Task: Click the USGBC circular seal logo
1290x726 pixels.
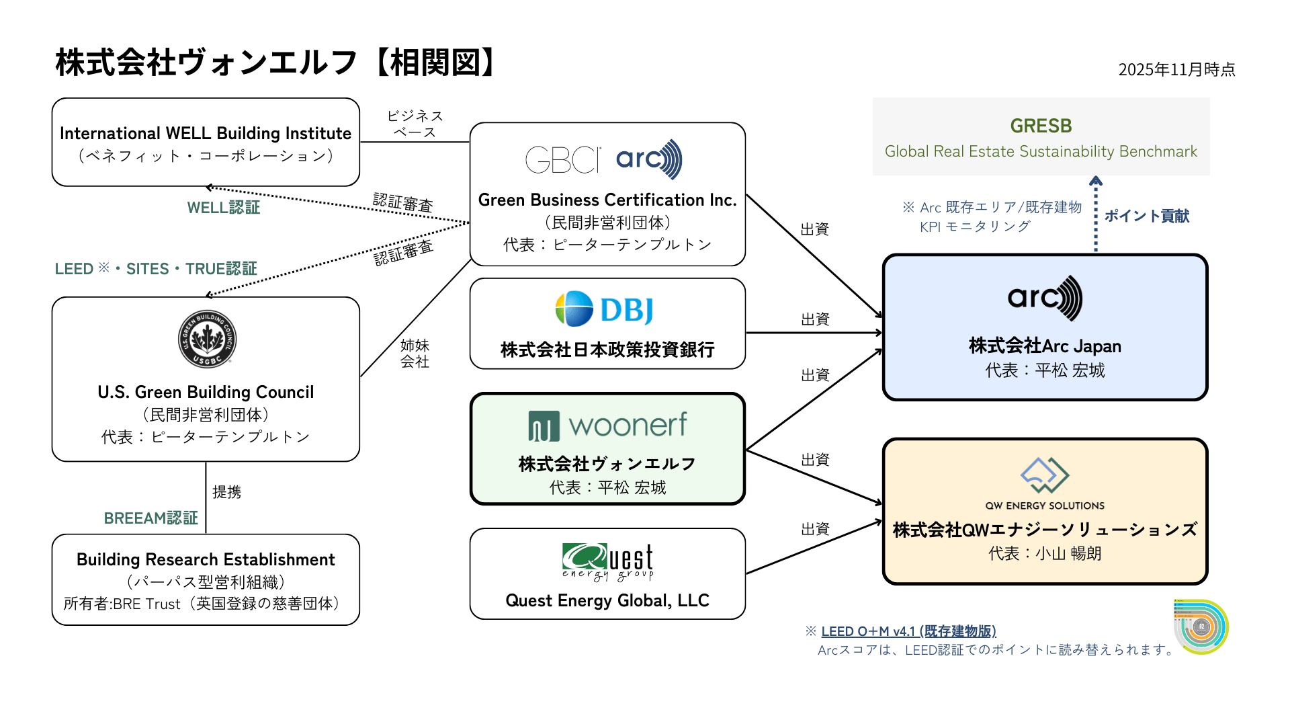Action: coord(207,339)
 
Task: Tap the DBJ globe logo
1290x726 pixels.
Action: coord(574,309)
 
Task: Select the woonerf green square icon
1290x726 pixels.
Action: coord(544,426)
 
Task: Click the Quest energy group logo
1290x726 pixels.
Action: coord(607,561)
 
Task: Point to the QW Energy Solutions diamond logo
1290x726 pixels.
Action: coord(1045,475)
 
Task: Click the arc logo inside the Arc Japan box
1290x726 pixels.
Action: coord(1045,297)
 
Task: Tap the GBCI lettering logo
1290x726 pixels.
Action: coord(563,160)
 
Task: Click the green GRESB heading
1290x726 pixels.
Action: coord(1041,126)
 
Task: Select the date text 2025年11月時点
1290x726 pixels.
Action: coord(1176,69)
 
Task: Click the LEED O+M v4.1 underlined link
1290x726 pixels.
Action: coord(908,631)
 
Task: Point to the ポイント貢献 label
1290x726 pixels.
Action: coord(1146,216)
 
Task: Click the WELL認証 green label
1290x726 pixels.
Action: coord(223,208)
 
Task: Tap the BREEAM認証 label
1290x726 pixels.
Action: coord(150,518)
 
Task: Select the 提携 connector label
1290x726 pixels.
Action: coord(226,492)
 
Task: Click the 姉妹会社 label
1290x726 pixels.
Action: coord(415,354)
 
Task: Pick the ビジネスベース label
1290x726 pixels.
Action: coord(415,124)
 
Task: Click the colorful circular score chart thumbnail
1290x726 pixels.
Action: coord(1201,627)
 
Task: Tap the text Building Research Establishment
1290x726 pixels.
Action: coord(206,559)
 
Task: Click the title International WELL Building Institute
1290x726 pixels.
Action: coord(206,133)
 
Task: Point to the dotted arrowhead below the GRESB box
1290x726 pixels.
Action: coord(1096,180)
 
